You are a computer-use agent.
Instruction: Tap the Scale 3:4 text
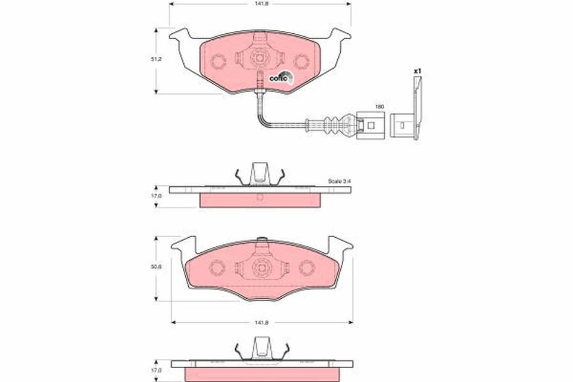coord(339,181)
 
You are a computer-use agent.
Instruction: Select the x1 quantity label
coord(416,71)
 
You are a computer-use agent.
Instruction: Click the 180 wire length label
coord(379,106)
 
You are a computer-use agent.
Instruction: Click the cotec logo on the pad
coord(280,77)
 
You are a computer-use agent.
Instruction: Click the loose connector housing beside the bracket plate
coord(399,126)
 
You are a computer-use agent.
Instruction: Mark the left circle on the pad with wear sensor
coord(218,60)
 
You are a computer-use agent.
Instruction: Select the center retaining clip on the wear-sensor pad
coord(259,59)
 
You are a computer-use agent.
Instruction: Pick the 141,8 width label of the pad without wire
coord(261,323)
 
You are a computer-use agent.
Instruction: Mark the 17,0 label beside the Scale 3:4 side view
coord(156,196)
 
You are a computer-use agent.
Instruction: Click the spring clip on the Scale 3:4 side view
coord(260,174)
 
